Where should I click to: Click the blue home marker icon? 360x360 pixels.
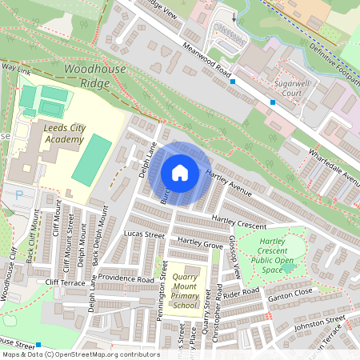pos(180,173)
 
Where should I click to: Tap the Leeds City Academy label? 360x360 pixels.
pos(53,134)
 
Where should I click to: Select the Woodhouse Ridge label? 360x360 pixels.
pos(94,76)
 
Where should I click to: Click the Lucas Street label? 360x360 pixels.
pos(144,234)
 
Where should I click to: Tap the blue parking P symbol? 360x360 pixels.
pos(19,194)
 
